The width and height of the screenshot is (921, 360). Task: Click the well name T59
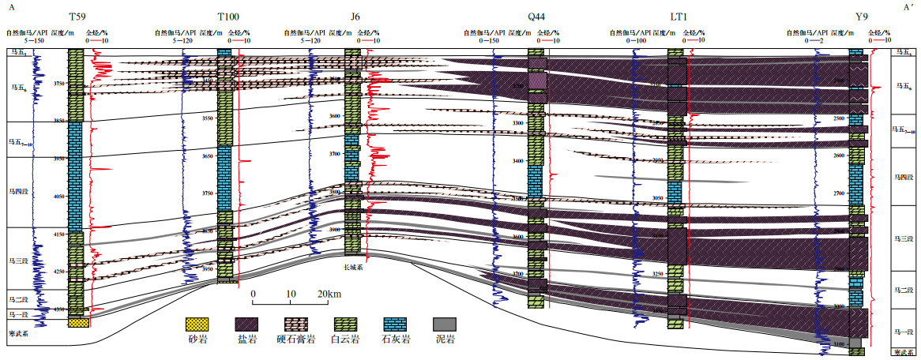pyautogui.click(x=77, y=17)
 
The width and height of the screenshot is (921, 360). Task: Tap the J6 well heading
pyautogui.click(x=353, y=17)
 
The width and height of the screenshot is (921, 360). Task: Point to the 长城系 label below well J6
pyautogui.click(x=353, y=267)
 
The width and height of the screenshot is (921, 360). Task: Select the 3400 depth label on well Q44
pyautogui.click(x=519, y=161)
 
